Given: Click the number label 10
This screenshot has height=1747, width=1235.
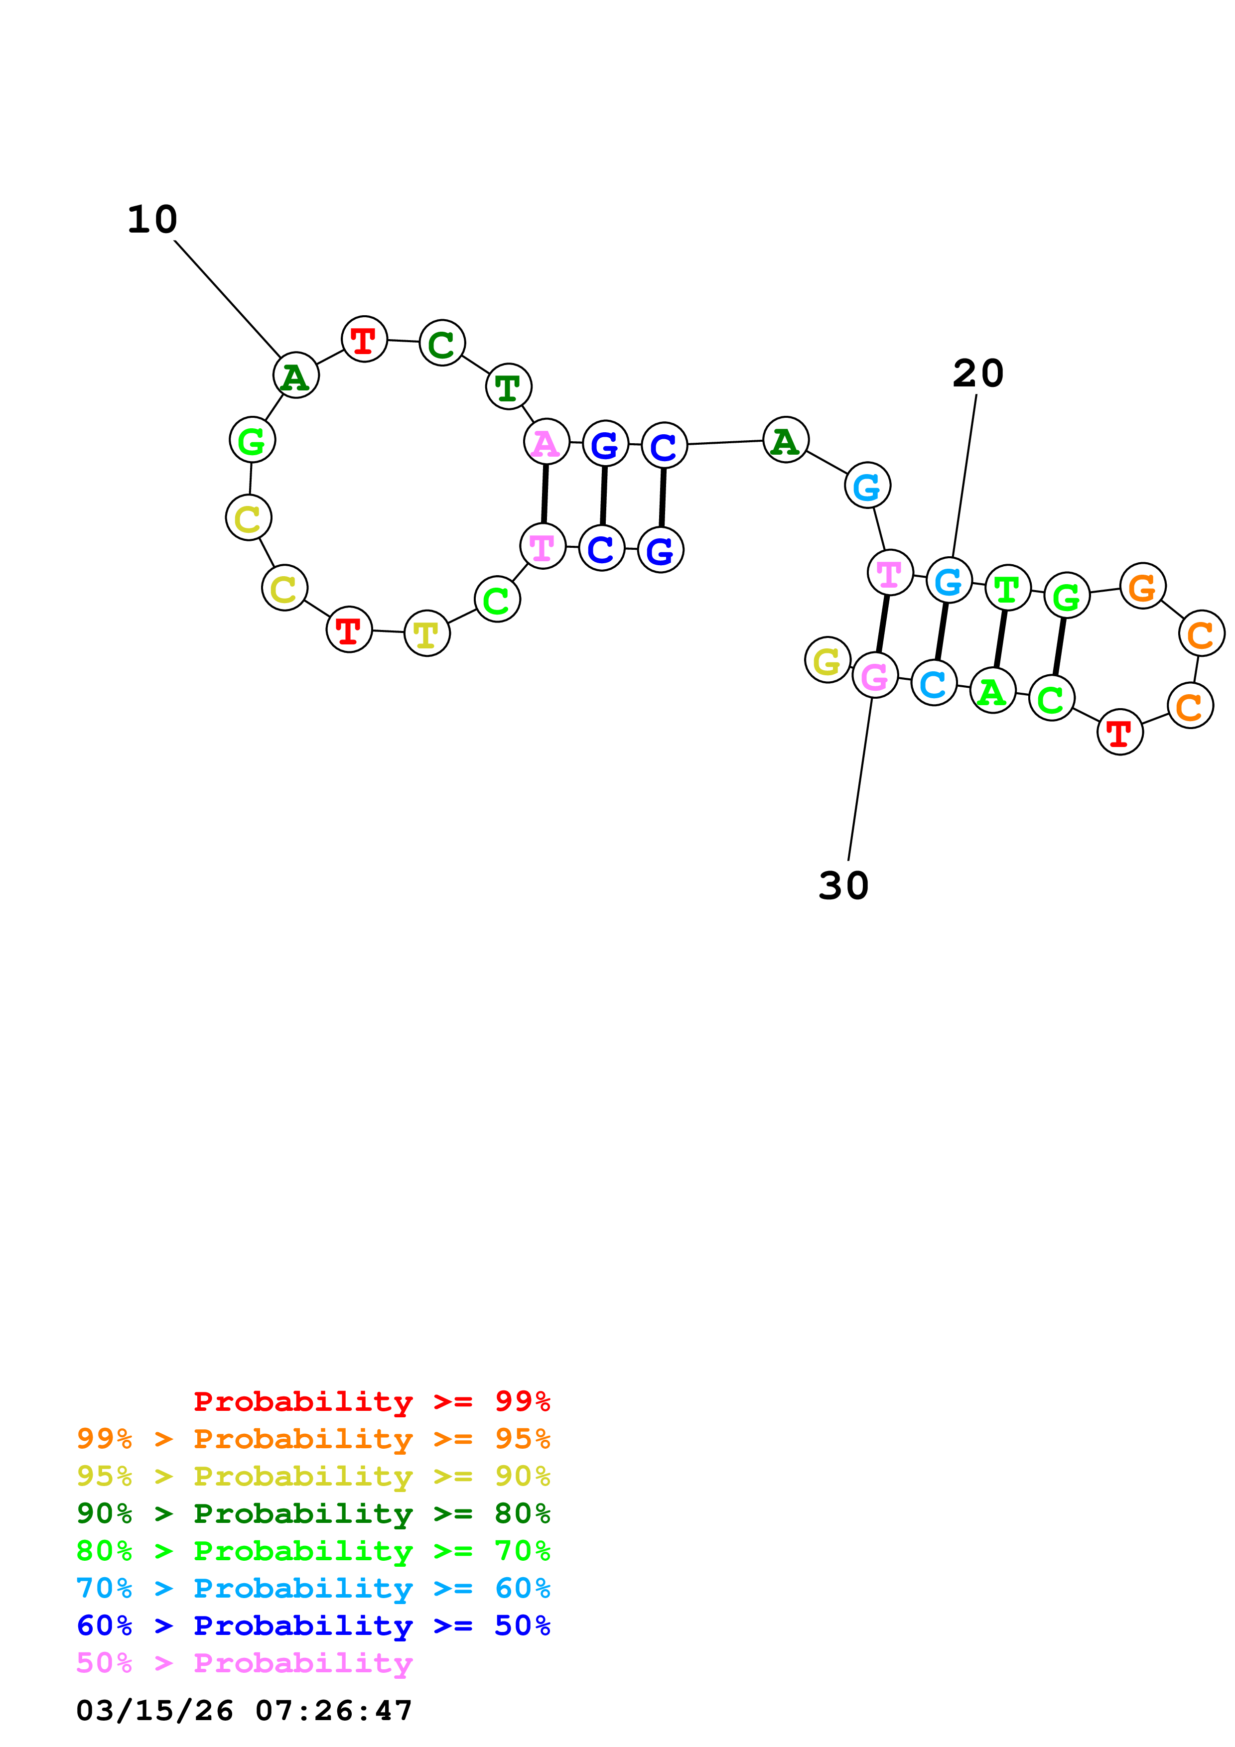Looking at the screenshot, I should [152, 220].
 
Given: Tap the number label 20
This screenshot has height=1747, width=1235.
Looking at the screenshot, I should [978, 374].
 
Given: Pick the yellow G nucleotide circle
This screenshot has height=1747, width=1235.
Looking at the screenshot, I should [827, 660].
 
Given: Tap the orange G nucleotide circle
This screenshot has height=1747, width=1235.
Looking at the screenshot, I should [1142, 586].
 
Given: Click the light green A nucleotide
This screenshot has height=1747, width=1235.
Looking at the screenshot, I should [992, 690].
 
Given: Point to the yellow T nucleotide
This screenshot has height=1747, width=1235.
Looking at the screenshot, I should [427, 633].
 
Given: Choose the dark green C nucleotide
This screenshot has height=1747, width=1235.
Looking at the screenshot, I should [441, 343].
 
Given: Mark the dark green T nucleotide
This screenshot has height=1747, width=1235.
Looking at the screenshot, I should [508, 386].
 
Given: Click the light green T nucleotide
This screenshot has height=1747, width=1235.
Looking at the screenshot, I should [1007, 588].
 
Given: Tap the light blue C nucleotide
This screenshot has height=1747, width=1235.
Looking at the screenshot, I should [934, 683].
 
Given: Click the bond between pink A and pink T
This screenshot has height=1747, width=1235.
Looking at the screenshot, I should [545, 494].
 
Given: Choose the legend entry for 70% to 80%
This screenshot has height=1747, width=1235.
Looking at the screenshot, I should [313, 1551].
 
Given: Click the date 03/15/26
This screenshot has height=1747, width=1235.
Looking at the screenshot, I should [154, 1711].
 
